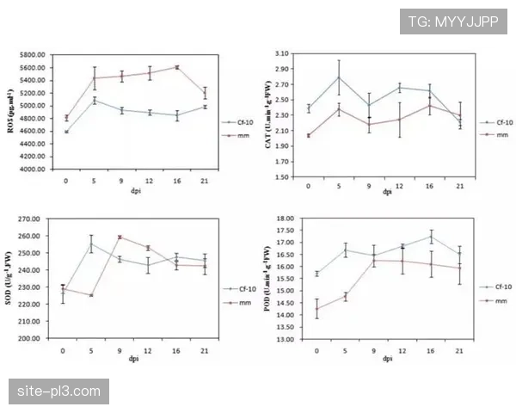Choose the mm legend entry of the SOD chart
pos(237,303)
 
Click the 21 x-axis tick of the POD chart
pos(460,351)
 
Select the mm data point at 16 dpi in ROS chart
pos(178,66)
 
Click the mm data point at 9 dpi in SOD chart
pos(120,237)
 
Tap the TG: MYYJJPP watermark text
pos(454,22)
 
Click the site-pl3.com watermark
pos(58,391)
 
